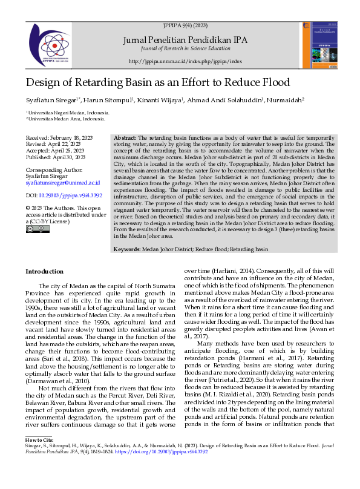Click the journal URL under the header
[185, 62]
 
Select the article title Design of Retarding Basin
[158, 83]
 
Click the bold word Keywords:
[128, 249]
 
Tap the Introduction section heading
[45, 272]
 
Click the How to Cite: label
[40, 456]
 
